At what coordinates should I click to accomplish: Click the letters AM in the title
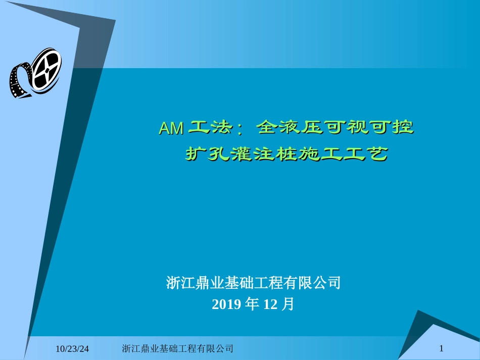(171, 128)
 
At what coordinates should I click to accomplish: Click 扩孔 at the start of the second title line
(201, 153)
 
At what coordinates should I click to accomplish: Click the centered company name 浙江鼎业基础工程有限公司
(253, 282)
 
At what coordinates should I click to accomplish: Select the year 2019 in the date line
(226, 304)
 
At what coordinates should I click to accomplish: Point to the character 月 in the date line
(289, 304)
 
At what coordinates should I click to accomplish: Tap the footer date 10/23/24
(72, 348)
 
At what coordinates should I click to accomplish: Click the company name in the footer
(178, 348)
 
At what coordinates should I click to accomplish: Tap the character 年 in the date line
(251, 304)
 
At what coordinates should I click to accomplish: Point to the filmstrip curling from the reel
(19, 81)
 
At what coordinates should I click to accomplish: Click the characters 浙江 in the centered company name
(178, 282)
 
